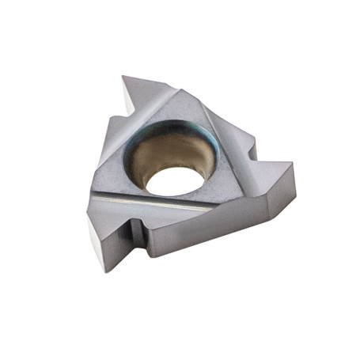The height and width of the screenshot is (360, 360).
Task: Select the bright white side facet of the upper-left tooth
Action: coord(129,102)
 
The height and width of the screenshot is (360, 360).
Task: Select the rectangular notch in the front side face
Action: coord(135,233)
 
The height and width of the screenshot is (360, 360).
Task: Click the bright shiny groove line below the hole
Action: coord(158,207)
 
